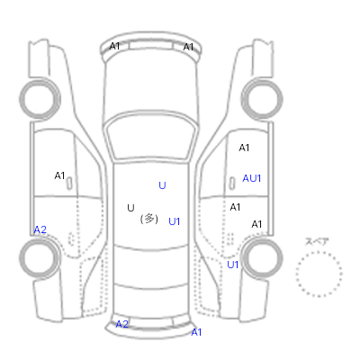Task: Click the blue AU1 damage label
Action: pos(252,178)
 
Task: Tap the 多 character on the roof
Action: pos(149,219)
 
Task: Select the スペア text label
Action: pos(317,241)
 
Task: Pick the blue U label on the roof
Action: pos(162,185)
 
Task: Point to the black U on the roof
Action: pos(130,208)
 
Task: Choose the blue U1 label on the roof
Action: pos(175,221)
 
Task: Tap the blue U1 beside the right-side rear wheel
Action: pos(233,265)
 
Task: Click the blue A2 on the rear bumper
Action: pos(122,324)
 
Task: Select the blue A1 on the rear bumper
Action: pos(196,332)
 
